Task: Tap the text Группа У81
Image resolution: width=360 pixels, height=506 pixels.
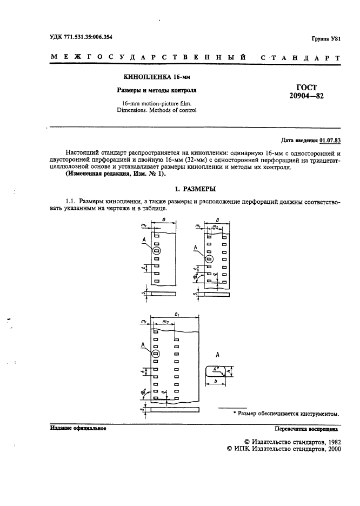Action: (326, 39)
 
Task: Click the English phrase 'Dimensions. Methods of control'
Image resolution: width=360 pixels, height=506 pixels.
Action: (157, 110)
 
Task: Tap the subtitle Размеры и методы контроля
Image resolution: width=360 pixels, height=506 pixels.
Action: (157, 90)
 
